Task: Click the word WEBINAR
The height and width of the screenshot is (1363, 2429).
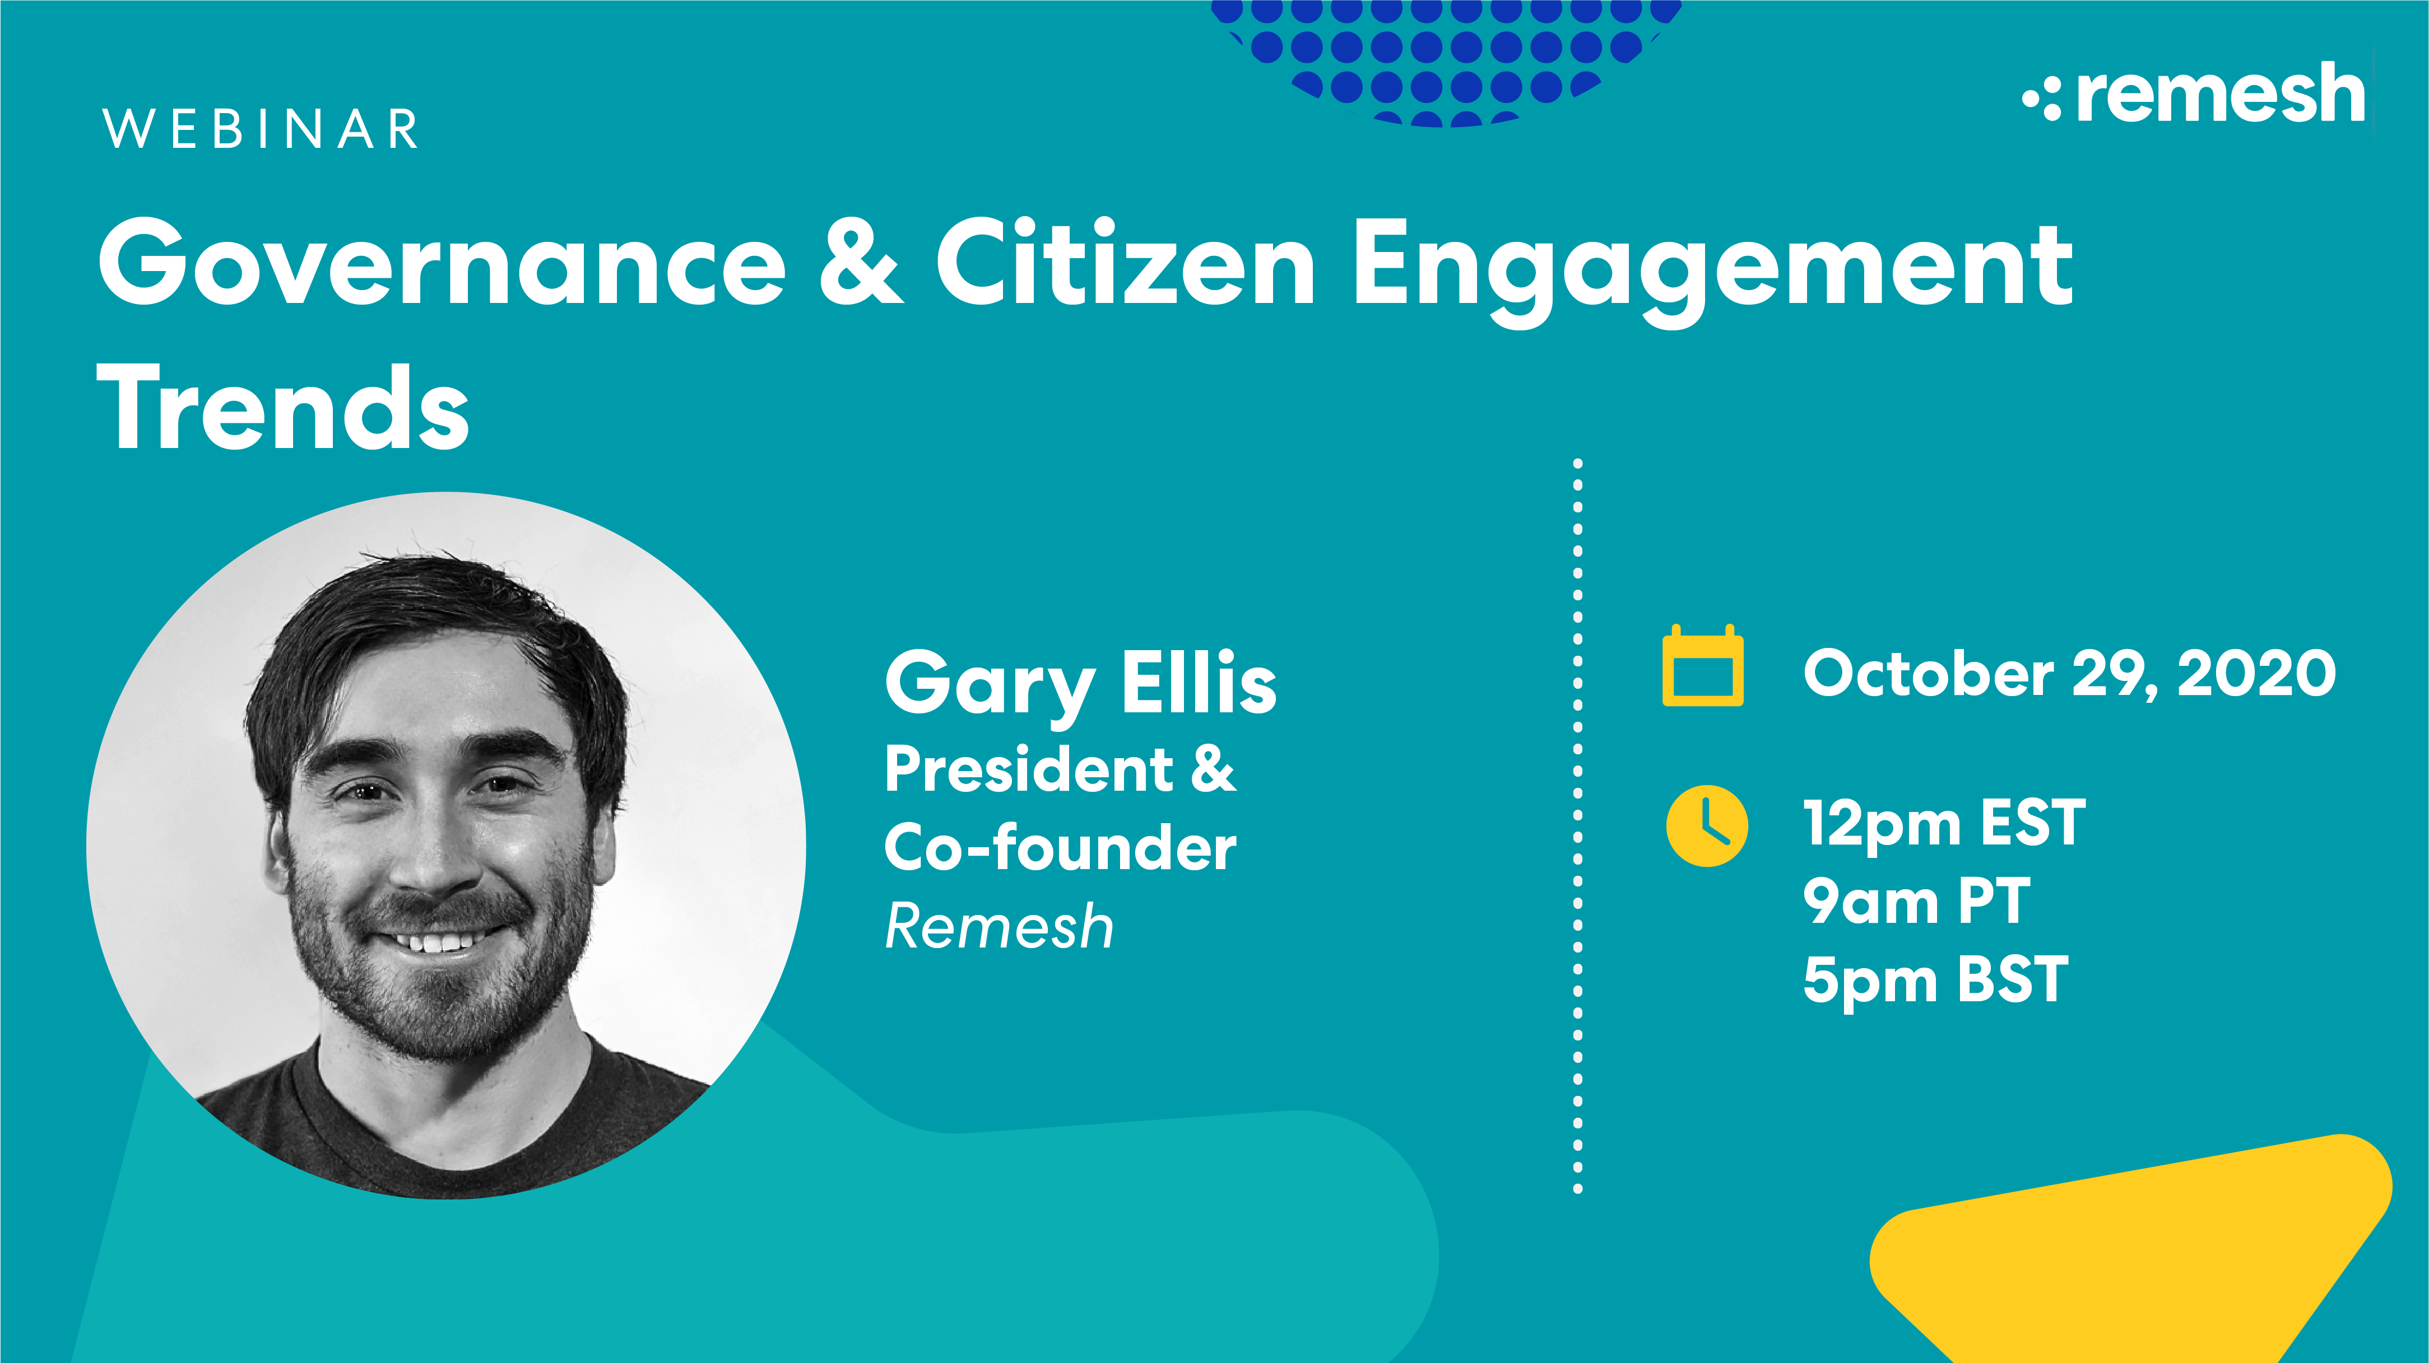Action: tap(260, 129)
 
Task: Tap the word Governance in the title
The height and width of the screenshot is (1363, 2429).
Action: tap(442, 264)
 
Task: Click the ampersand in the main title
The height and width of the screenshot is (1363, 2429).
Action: tap(860, 264)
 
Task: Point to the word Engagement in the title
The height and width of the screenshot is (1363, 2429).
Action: tap(1712, 269)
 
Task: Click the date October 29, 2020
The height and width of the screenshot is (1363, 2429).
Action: tap(2069, 674)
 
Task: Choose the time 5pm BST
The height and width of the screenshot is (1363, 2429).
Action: tap(1935, 981)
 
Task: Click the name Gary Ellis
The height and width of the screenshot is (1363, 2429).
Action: tap(1081, 683)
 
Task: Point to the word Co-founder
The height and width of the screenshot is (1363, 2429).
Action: tap(1060, 848)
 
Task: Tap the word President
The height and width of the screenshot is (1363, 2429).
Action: tap(1028, 770)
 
